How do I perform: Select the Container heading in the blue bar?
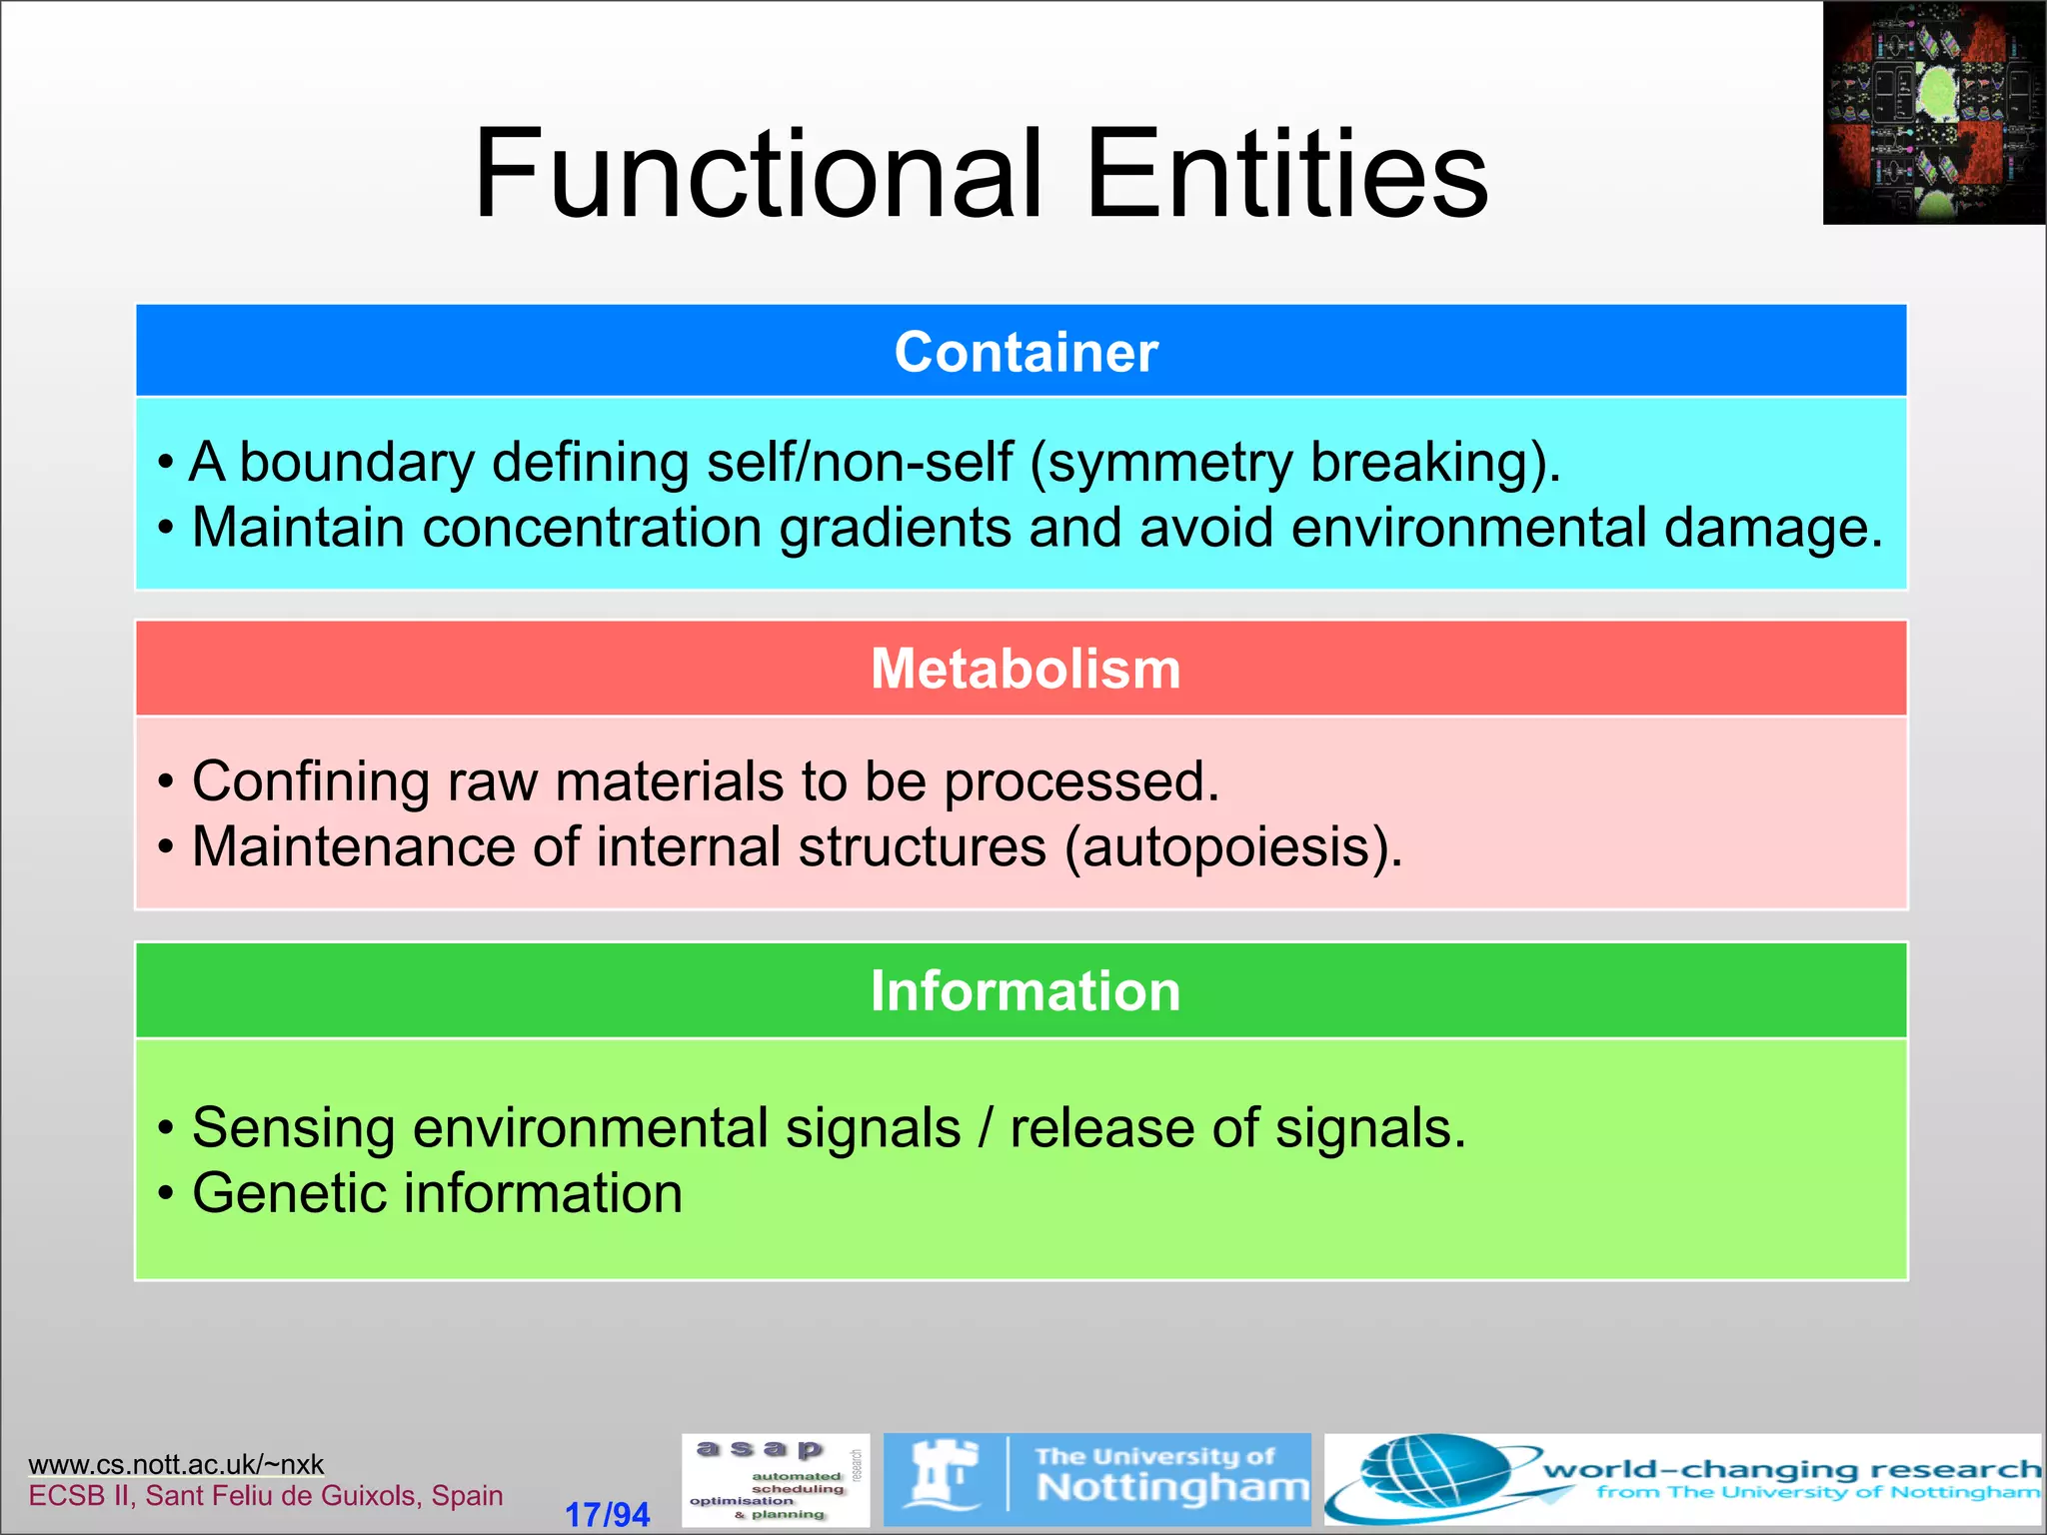pyautogui.click(x=1024, y=352)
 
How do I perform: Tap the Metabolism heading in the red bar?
pyautogui.click(x=1024, y=669)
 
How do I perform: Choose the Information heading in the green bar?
pyautogui.click(x=1024, y=990)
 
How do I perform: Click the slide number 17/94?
pyautogui.click(x=607, y=1514)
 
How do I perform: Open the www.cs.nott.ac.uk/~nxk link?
pyautogui.click(x=176, y=1464)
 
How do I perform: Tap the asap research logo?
pyautogui.click(x=775, y=1480)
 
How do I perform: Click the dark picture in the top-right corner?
pyautogui.click(x=1933, y=112)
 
